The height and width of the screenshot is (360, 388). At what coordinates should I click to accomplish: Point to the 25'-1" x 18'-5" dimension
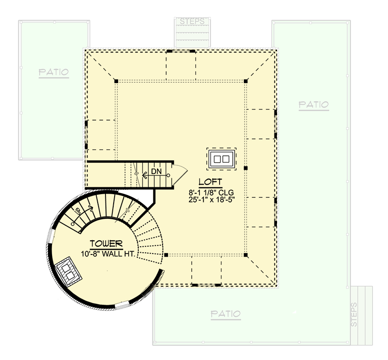coord(210,200)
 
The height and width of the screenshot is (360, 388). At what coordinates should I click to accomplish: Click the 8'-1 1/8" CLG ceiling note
coord(210,192)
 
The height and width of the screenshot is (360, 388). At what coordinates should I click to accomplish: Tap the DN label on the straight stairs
coord(157,171)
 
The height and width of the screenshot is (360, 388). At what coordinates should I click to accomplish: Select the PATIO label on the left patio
coord(53,72)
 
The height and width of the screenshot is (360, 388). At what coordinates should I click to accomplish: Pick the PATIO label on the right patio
coord(314,105)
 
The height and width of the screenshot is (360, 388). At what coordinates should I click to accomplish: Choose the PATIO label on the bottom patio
coord(225,314)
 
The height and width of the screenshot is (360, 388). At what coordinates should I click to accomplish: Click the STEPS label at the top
coord(192,21)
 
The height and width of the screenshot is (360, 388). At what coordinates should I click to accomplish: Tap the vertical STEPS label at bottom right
coord(355,314)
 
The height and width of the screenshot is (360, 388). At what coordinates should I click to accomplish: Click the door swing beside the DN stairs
coord(180,173)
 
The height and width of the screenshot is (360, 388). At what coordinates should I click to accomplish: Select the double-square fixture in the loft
coord(222,159)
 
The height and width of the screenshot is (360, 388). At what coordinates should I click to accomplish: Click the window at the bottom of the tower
coord(122,305)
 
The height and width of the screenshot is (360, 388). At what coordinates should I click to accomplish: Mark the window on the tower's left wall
coord(51,238)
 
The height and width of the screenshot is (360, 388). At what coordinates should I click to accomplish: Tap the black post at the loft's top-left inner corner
coord(116,81)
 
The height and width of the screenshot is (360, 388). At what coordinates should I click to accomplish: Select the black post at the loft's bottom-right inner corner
coord(246,254)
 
